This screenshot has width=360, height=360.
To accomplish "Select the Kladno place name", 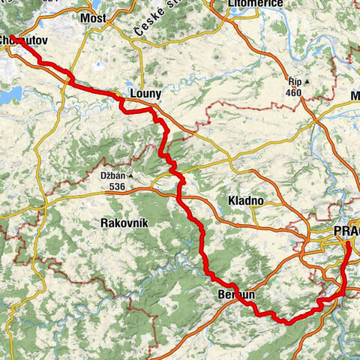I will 244,200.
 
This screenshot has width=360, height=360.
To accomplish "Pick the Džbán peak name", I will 111,176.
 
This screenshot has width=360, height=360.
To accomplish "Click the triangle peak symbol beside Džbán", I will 130,176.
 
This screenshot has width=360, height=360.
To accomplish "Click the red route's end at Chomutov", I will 16,37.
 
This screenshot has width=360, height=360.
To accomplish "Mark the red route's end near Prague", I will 346,244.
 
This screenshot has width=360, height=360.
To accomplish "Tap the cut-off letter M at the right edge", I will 355,95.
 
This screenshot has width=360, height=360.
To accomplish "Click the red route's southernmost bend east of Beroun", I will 286,322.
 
